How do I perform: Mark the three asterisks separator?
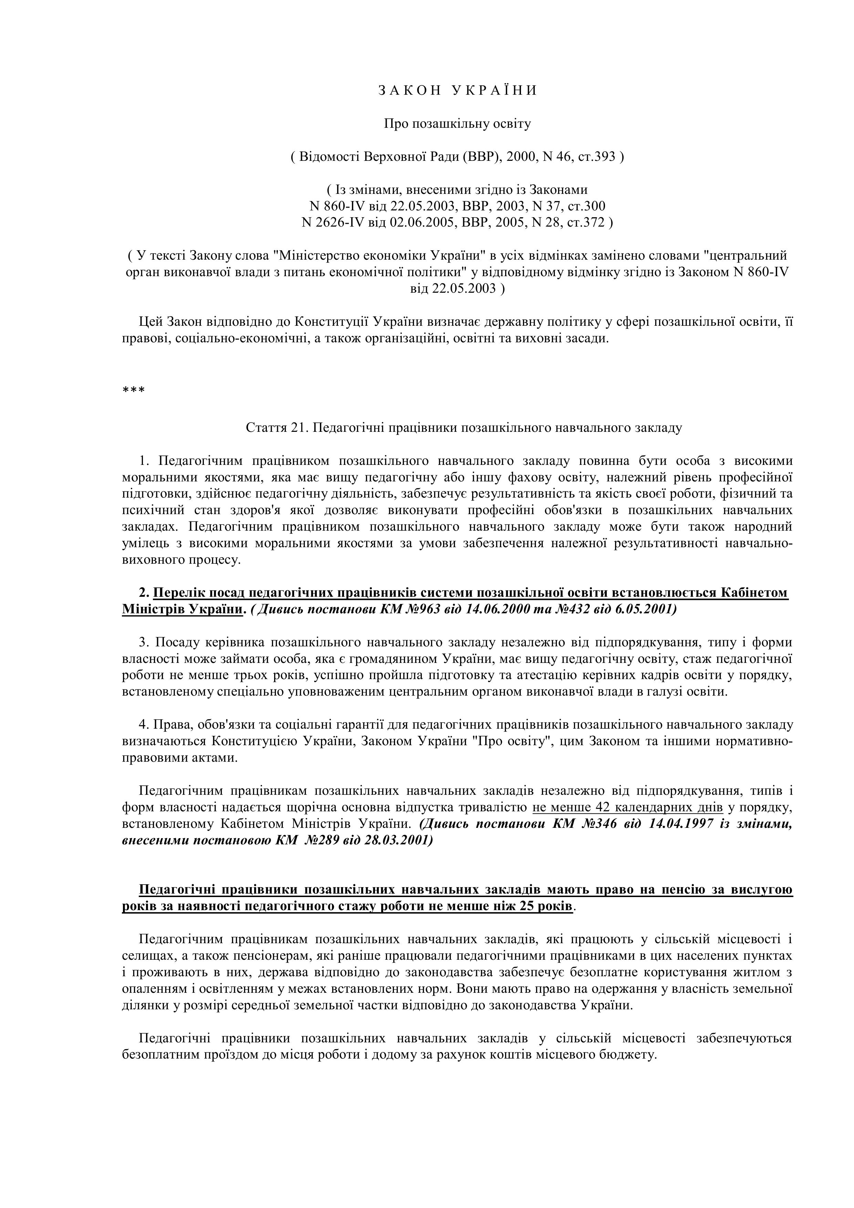[133, 390]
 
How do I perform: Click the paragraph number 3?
[143, 643]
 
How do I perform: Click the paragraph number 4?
[143, 725]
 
